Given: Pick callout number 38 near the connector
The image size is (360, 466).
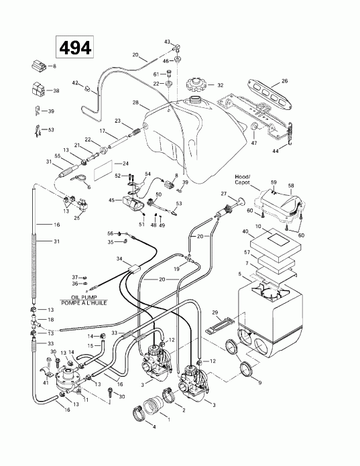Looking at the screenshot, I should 56,91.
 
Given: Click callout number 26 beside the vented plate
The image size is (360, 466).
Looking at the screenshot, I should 284,81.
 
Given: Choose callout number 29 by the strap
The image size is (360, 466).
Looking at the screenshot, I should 215,312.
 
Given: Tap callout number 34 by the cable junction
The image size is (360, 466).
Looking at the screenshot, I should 119,258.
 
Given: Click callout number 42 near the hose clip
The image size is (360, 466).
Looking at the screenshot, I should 76,83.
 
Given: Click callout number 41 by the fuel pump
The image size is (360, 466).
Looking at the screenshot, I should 46,383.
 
